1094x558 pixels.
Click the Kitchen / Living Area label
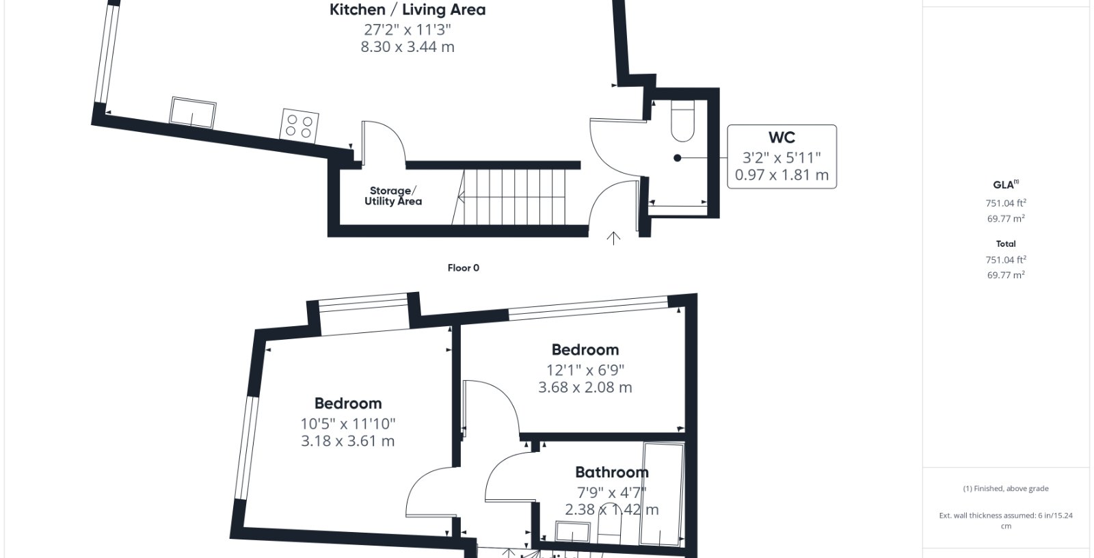click(x=408, y=10)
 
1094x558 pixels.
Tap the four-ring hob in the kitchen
click(x=299, y=126)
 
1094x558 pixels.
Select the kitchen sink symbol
click(x=193, y=113)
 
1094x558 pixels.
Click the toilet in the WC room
click(x=683, y=120)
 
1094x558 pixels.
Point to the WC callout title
click(x=782, y=137)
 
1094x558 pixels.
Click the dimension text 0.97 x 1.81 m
click(x=782, y=175)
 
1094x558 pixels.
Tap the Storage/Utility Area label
click(x=393, y=196)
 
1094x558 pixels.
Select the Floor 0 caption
click(x=464, y=268)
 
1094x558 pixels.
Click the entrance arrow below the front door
click(x=613, y=238)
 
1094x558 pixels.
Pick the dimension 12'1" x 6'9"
click(x=585, y=371)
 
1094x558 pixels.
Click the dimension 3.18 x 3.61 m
click(x=348, y=441)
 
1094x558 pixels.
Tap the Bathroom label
click(x=612, y=472)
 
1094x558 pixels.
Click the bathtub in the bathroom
click(x=663, y=494)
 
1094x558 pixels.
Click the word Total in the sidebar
click(x=1006, y=244)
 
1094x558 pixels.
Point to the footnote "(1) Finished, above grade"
click(x=1006, y=489)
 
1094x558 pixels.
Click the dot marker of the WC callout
click(x=677, y=158)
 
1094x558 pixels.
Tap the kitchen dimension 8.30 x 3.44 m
click(x=408, y=47)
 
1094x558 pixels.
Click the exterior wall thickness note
click(x=1006, y=521)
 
